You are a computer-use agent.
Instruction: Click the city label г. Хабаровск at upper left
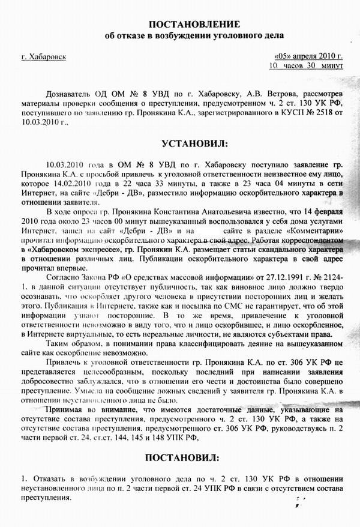point(43,57)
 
